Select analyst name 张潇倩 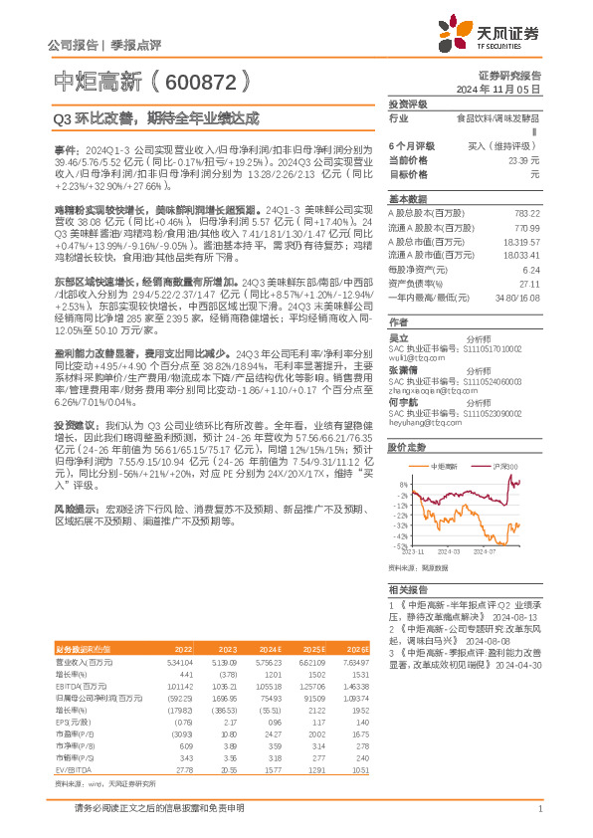(x=404, y=368)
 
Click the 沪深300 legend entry (x=505, y=466)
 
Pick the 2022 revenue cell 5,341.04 (x=178, y=661)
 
